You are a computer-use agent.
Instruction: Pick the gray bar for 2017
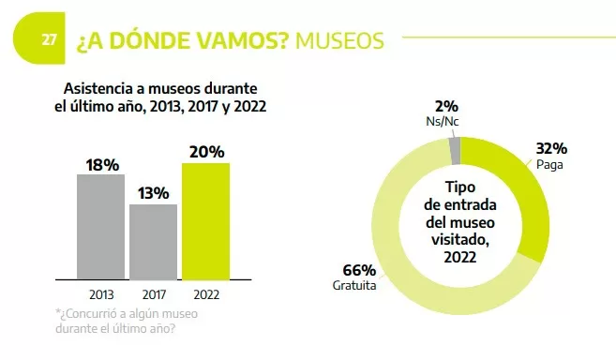click(x=153, y=242)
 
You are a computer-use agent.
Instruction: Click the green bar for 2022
click(x=205, y=221)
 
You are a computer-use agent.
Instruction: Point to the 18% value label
click(x=101, y=165)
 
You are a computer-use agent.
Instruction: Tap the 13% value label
click(x=153, y=194)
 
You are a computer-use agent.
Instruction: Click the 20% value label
click(x=205, y=152)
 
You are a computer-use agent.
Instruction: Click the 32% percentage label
click(x=551, y=148)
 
